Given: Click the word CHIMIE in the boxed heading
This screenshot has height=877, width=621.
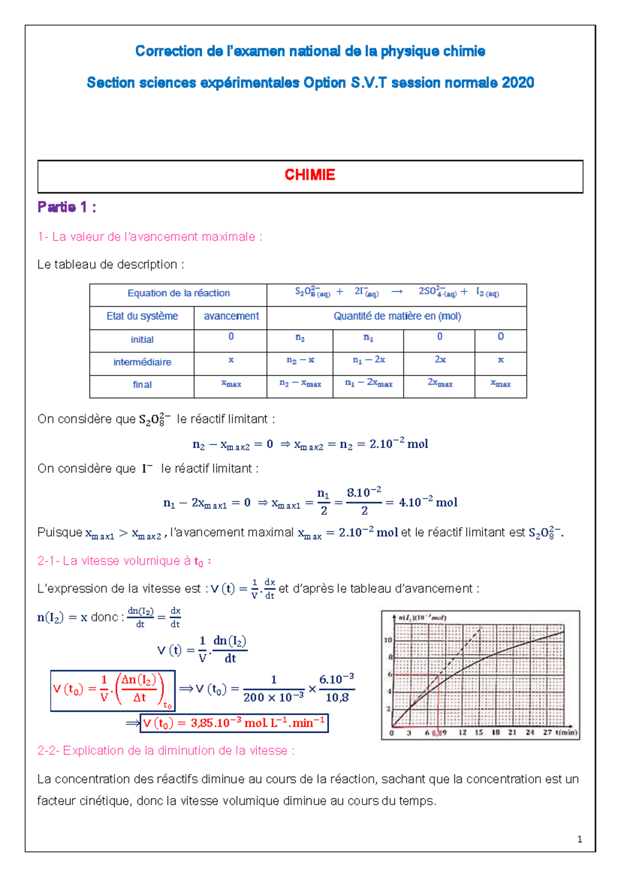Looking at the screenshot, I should point(310,175).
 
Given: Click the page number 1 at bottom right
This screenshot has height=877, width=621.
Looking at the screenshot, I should point(580,840).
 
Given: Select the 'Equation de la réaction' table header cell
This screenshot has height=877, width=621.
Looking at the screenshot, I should point(179,293).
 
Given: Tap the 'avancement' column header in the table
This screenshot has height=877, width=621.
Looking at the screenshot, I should point(231,316).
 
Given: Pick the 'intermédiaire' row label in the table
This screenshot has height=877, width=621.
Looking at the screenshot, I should point(142,362).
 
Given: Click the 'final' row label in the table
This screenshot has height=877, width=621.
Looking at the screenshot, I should point(142,385).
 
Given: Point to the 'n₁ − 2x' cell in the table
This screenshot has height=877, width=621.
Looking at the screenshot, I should point(368,360).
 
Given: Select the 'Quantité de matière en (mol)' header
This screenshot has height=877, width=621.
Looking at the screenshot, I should point(397,316).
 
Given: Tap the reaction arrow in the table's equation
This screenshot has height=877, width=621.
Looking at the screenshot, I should point(397,292).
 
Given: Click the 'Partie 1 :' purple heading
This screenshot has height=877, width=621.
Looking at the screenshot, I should point(67,207).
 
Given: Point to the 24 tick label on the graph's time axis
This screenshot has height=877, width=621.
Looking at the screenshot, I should point(530,732).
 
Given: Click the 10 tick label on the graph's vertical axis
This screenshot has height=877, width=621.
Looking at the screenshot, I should point(388,640).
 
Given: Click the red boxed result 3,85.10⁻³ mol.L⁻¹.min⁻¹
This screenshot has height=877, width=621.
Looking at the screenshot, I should point(234,723).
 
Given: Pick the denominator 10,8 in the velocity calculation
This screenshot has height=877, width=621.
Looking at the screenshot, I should point(337,698).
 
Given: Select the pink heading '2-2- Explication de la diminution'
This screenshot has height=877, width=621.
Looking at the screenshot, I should point(166,750).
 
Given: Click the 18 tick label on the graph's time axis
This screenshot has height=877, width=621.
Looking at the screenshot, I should point(496,732).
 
